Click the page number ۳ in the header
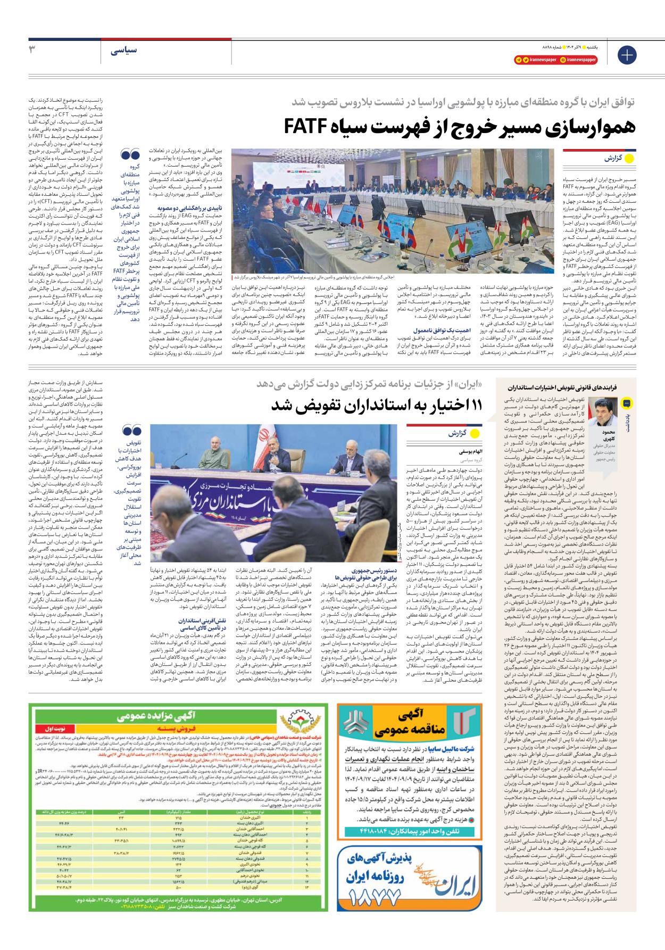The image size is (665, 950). (32, 49)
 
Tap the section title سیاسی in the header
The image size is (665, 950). (124, 51)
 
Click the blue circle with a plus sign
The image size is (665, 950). (627, 55)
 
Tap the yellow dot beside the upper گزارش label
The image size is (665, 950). (629, 159)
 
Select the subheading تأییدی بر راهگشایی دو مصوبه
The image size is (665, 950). (190, 208)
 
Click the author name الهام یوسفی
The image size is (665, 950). (471, 451)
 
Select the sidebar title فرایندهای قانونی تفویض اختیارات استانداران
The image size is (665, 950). (562, 387)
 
